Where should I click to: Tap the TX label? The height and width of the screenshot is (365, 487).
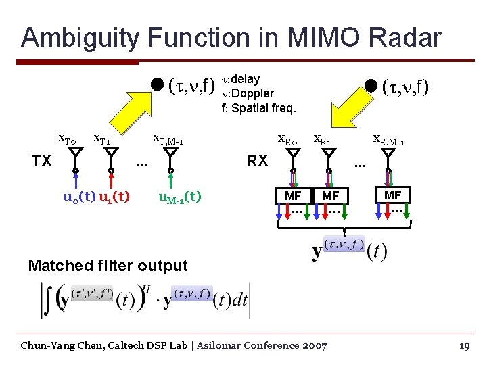pyautogui.click(x=43, y=161)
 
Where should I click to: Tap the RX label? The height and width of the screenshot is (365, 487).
pyautogui.click(x=257, y=161)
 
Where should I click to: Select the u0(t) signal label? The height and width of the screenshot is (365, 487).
pyautogui.click(x=78, y=197)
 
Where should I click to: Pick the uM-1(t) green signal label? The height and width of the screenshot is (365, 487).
pyautogui.click(x=179, y=197)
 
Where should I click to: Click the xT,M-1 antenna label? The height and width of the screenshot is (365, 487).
pyautogui.click(x=168, y=141)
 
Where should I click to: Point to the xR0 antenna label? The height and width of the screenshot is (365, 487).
pyautogui.click(x=288, y=141)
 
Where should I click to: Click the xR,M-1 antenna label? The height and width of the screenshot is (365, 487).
pyautogui.click(x=389, y=141)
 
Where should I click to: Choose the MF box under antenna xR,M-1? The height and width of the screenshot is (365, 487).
pyautogui.click(x=392, y=195)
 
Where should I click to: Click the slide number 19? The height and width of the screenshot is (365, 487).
pyautogui.click(x=464, y=346)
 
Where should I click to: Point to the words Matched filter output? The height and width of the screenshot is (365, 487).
pyautogui.click(x=108, y=266)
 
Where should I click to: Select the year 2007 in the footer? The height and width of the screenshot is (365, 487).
pyautogui.click(x=315, y=346)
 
